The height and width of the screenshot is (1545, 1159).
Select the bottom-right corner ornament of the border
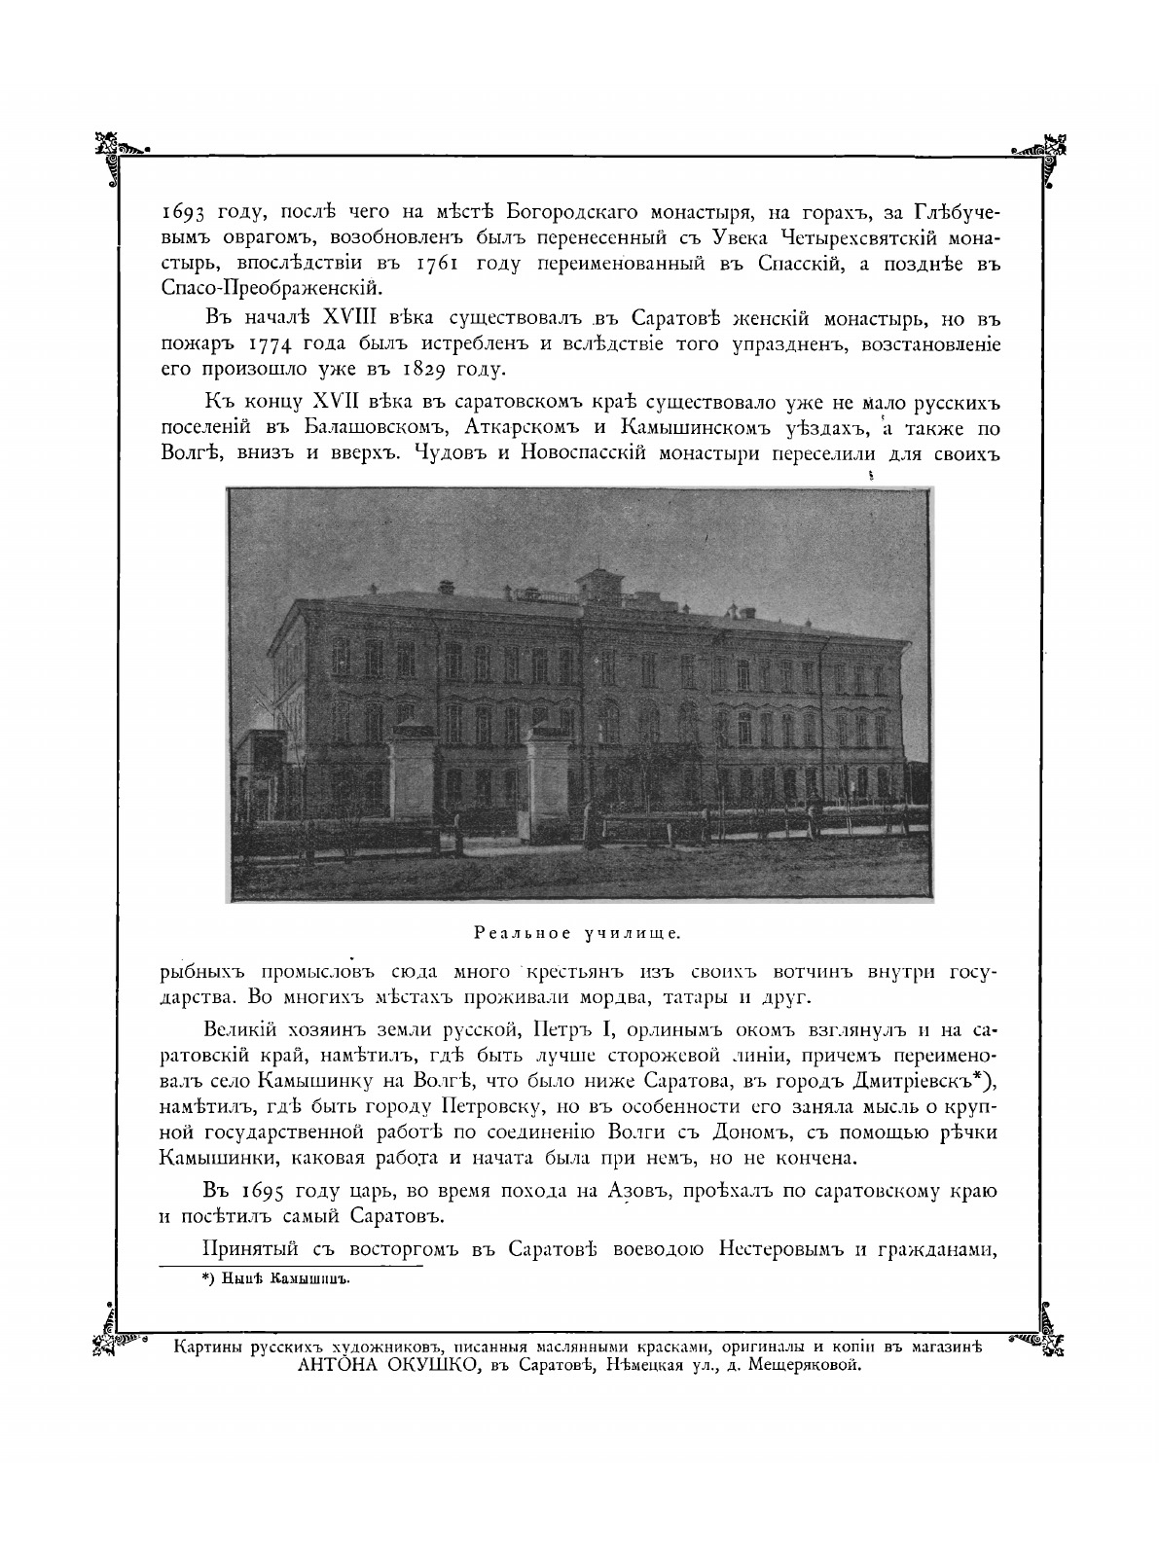[1042, 1343]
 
